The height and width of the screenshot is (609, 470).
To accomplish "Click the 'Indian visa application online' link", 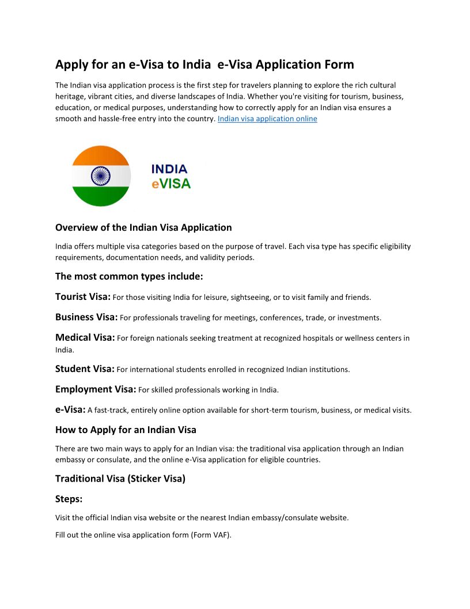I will coord(267,119).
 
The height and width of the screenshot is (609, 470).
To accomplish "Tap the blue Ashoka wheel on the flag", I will coord(101,176).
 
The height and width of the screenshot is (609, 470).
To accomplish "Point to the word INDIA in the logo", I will coord(169,169).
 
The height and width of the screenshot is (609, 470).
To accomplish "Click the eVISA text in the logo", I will coord(171,184).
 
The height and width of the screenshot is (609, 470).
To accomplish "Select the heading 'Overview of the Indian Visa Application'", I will coord(143,227).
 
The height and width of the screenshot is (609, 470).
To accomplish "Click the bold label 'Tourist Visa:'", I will coord(83,297).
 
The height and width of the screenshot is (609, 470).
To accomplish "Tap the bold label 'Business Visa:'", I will coord(86,317).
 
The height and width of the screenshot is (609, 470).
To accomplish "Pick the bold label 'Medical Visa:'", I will coord(85,338).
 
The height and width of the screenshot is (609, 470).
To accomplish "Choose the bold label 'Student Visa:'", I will coord(85,369).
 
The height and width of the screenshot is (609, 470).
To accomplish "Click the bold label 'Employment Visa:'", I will coord(96,389).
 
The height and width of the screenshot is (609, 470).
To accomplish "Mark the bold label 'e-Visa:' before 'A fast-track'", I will coord(70,410).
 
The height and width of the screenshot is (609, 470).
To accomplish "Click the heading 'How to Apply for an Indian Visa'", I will coord(126,430).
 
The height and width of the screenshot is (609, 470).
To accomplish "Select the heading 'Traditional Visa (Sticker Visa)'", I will coord(120,479).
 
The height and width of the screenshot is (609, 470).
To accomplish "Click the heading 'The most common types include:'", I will coord(129,276).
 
